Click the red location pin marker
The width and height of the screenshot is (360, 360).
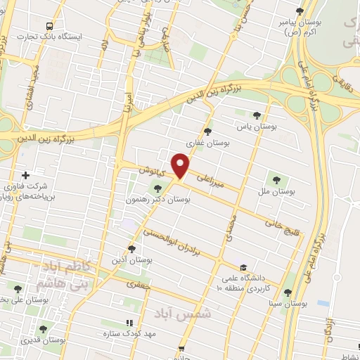coord(181,166)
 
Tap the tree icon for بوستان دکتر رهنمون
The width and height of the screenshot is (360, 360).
coord(157,188)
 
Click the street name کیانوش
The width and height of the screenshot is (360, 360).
coord(151,171)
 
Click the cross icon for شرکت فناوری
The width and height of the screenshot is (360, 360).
coord(26,175)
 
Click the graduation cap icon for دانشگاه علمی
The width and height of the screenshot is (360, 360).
coord(243,267)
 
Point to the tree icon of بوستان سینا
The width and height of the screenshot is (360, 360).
coord(287,292)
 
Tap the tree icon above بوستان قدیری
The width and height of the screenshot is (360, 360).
coord(44,328)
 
